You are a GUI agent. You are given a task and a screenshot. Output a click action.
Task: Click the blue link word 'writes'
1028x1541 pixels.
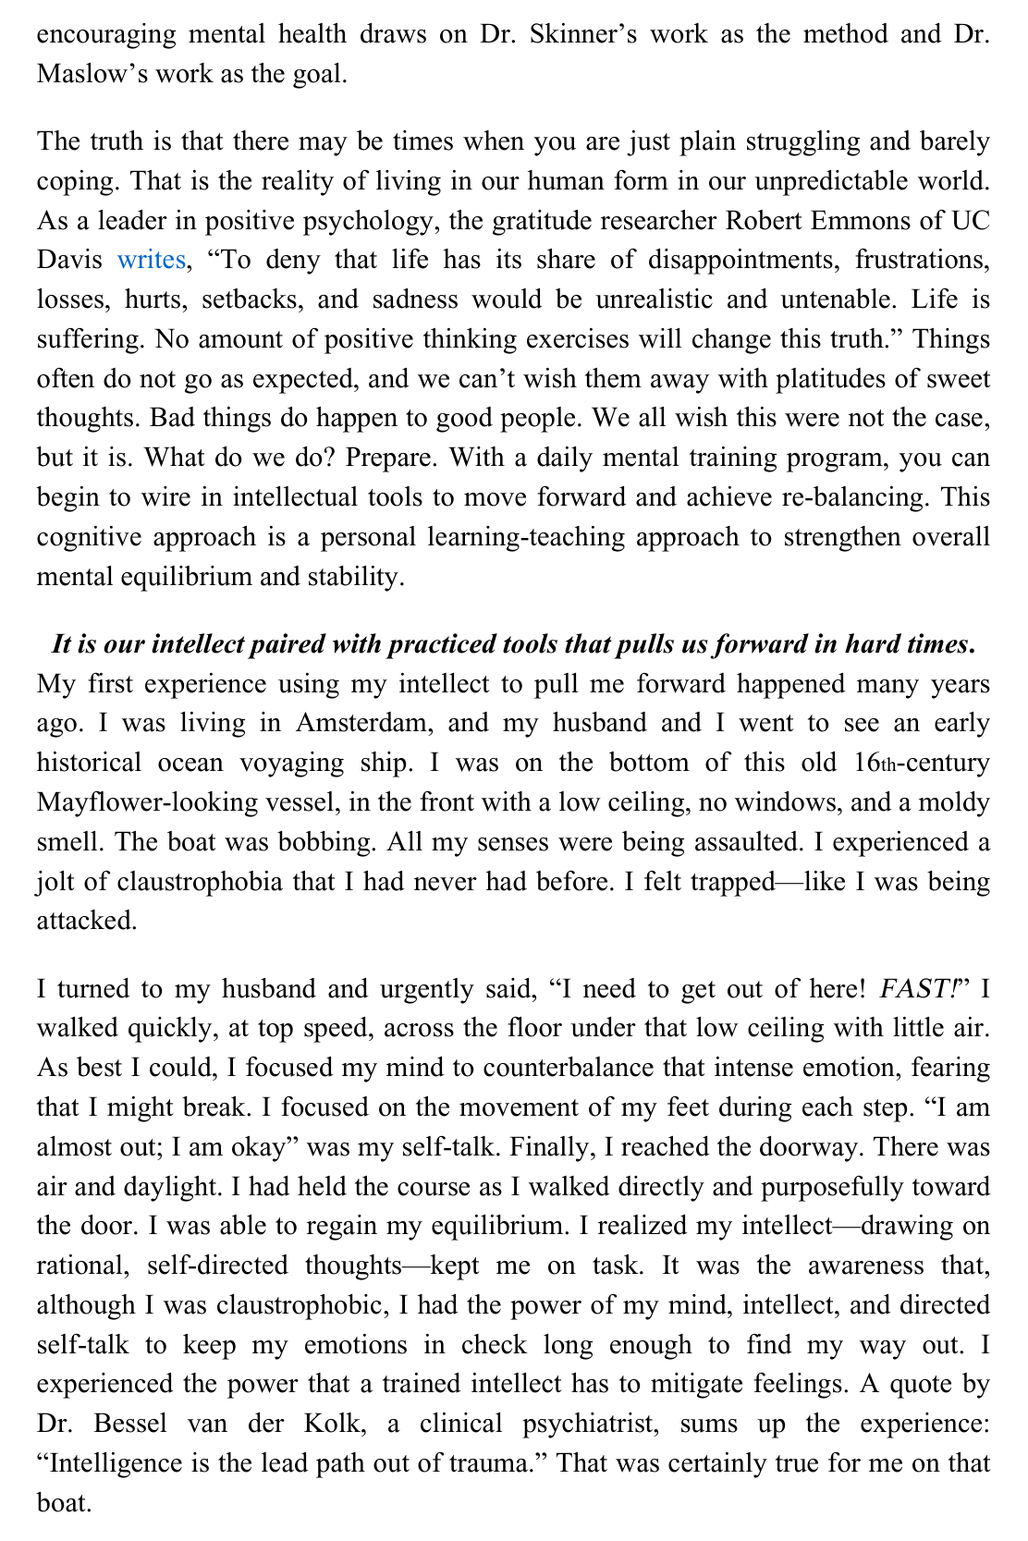tap(151, 260)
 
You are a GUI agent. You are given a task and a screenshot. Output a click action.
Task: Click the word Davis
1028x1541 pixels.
tap(69, 260)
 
